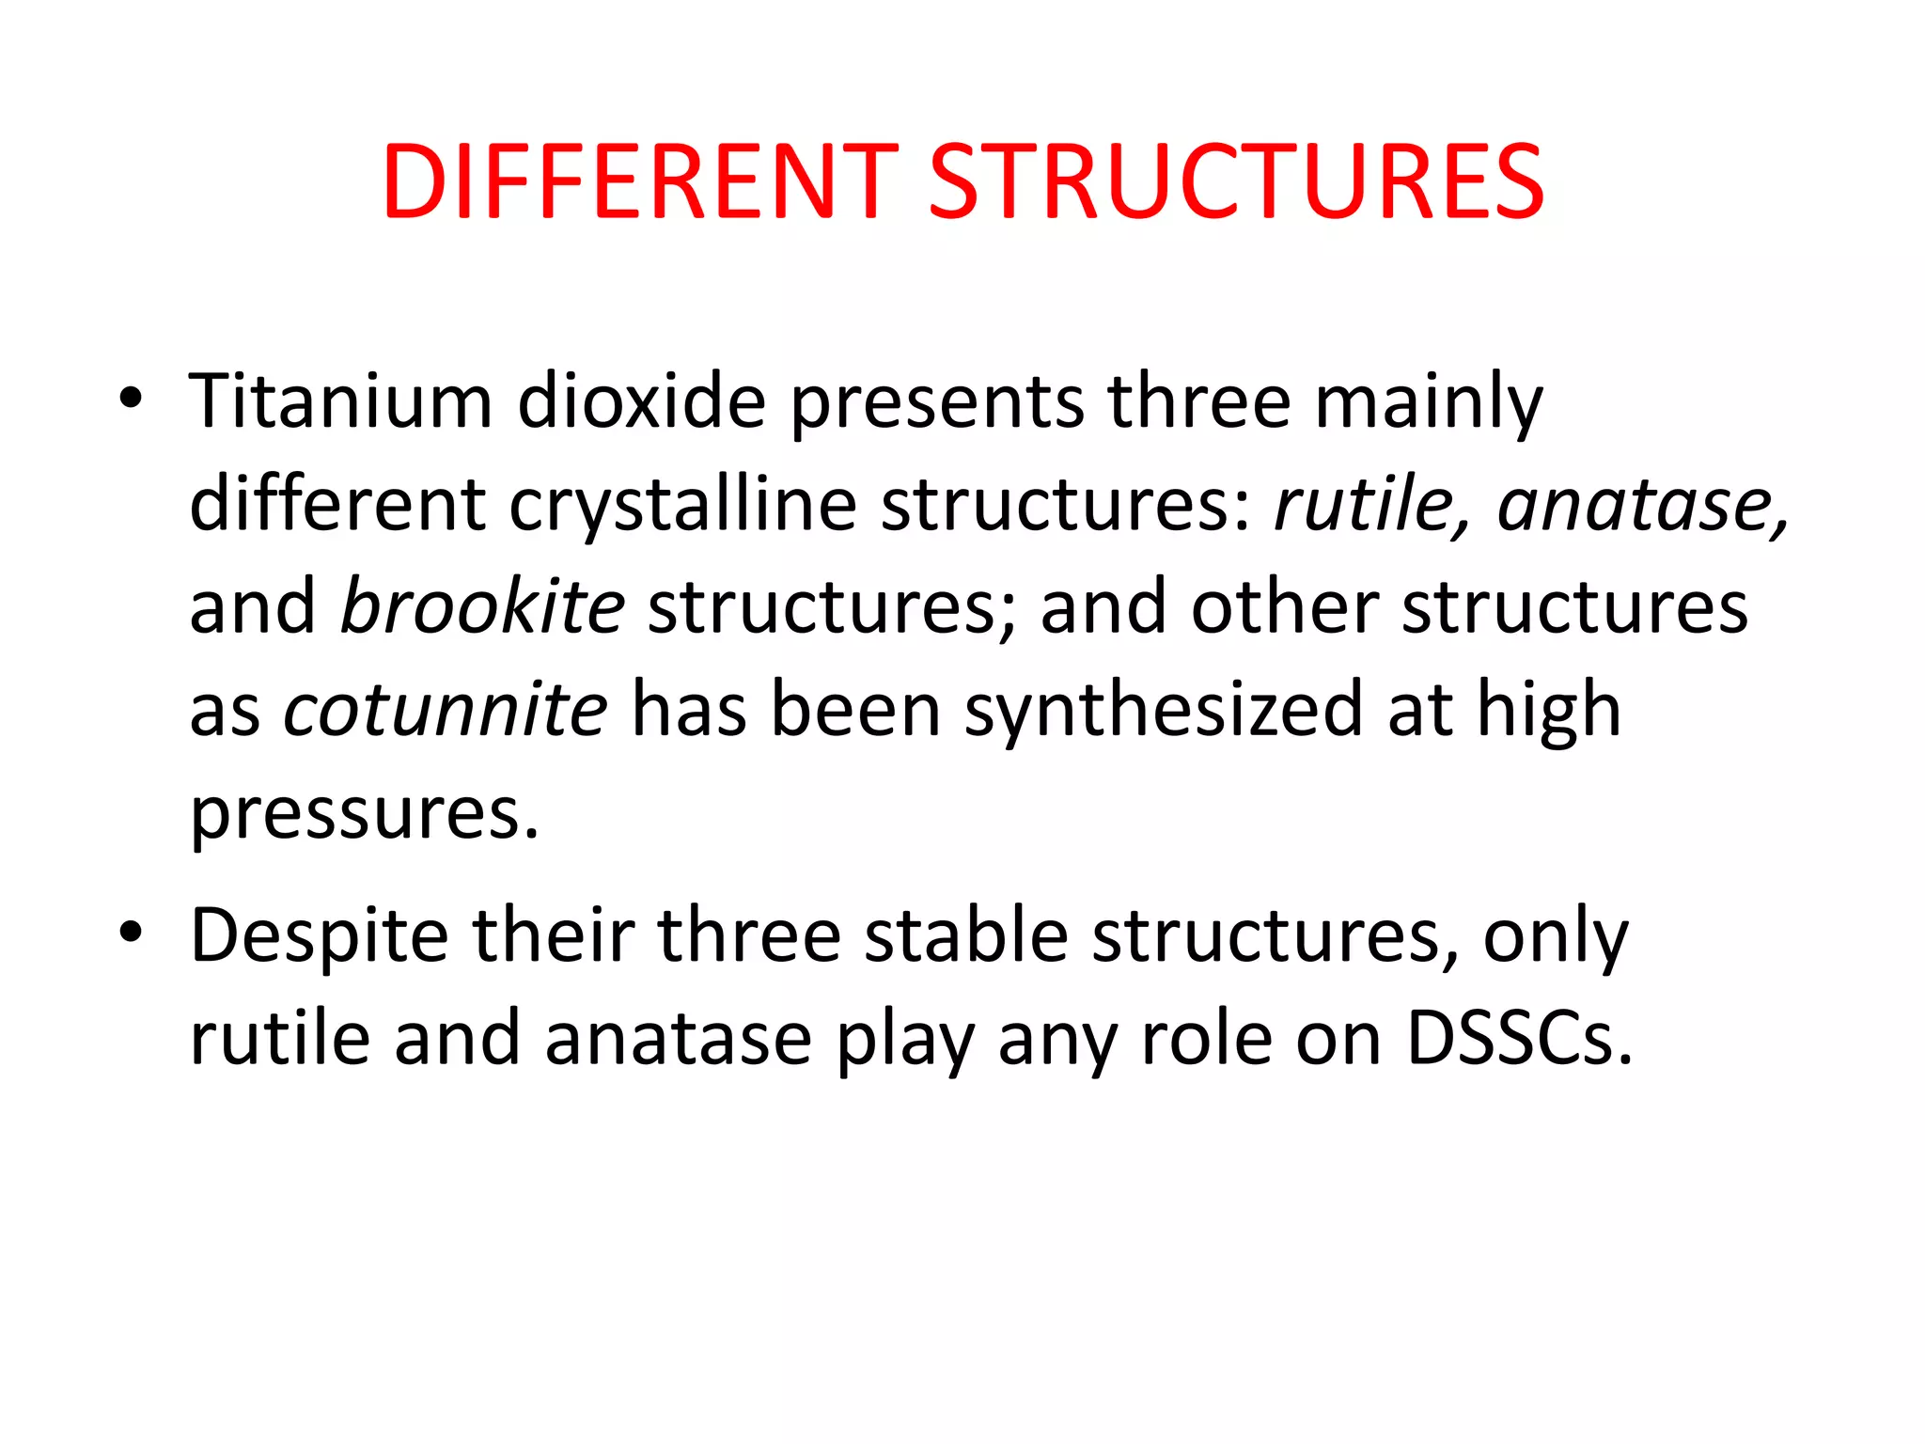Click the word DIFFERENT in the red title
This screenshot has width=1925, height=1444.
[640, 182]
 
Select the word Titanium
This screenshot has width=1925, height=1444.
[340, 401]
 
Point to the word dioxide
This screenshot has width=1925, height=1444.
[642, 401]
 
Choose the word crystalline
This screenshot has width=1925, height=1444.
[682, 507]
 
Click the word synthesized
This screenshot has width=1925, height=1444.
[1164, 711]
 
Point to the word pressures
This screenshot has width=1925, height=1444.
[365, 814]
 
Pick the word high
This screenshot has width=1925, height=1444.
[1549, 711]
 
